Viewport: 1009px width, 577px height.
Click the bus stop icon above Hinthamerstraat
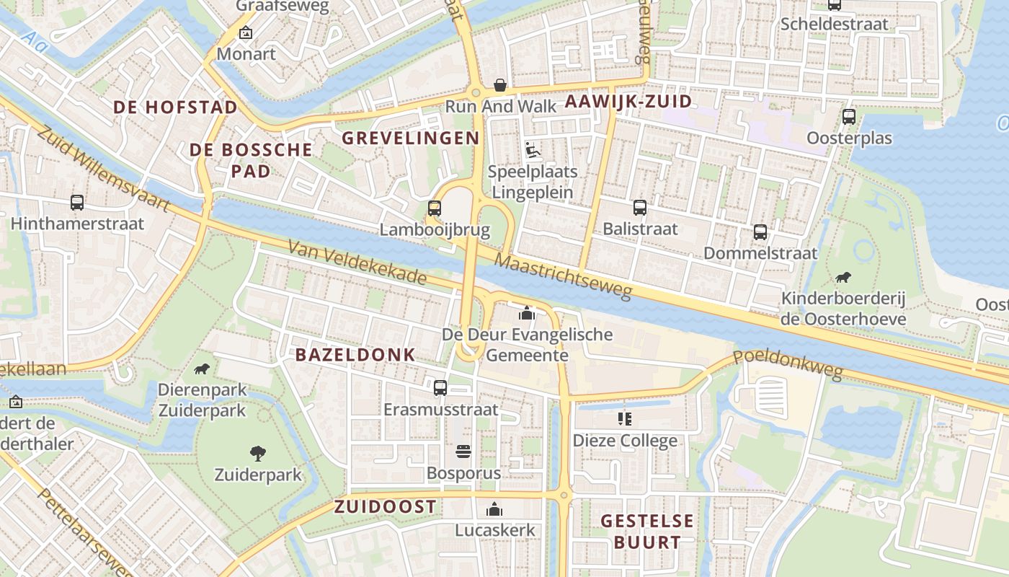tap(77, 203)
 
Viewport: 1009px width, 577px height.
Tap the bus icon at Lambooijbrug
tap(434, 208)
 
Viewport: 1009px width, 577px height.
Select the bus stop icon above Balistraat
tap(639, 208)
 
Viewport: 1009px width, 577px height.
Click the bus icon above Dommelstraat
tap(760, 232)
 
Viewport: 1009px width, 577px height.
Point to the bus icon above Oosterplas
tap(849, 116)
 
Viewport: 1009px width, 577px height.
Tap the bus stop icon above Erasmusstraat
tap(440, 387)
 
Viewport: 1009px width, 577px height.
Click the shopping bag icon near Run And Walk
tap(499, 85)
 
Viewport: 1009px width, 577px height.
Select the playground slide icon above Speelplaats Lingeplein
tap(532, 150)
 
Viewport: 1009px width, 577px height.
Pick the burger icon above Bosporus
tap(463, 452)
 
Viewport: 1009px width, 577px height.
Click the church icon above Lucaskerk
tap(494, 509)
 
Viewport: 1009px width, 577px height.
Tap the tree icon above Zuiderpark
tap(257, 454)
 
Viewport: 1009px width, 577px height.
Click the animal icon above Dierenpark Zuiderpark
tap(202, 369)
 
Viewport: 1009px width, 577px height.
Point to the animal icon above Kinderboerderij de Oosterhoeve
tap(843, 277)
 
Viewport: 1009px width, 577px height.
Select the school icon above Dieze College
tap(625, 419)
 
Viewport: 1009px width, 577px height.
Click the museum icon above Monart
tap(246, 32)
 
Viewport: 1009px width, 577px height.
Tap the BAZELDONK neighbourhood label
tap(355, 354)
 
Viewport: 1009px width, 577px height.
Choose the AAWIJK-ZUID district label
tap(628, 101)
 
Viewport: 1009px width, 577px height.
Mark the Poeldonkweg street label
tap(788, 364)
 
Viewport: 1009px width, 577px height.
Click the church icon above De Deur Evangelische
tap(527, 313)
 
